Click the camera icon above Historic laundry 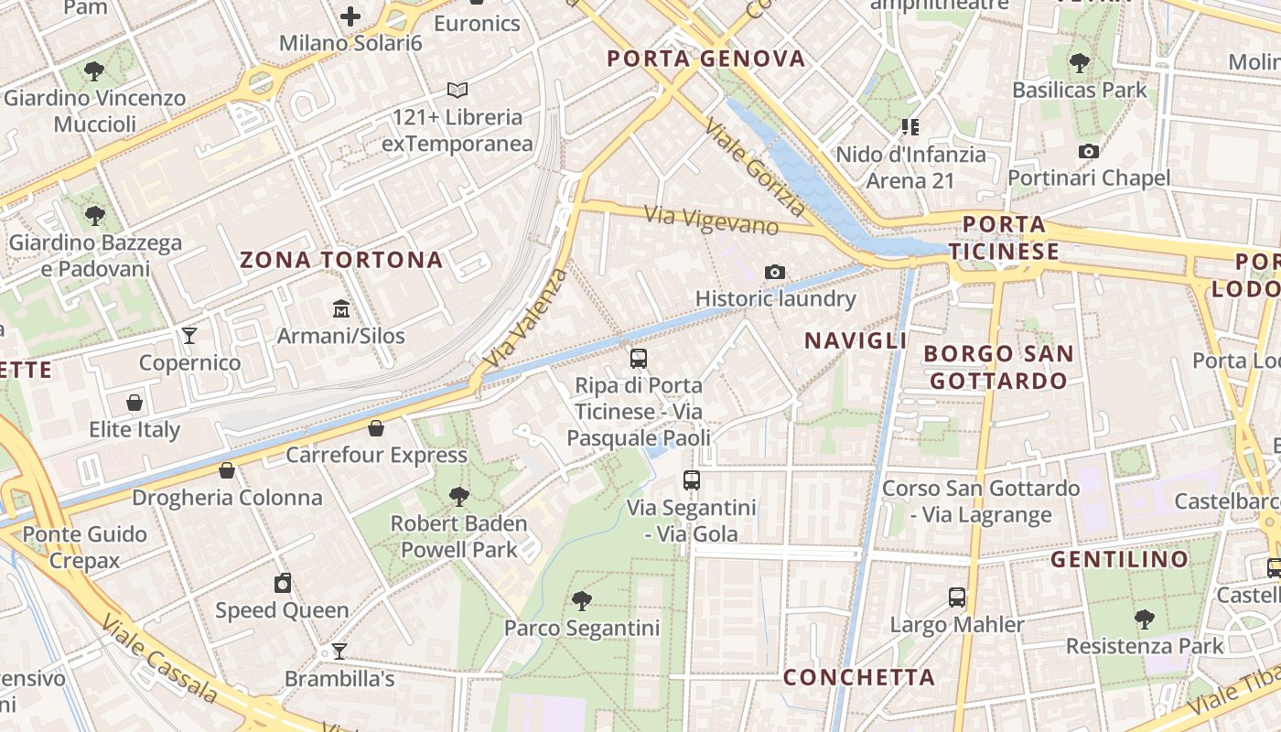pyautogui.click(x=775, y=272)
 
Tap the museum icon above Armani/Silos pyautogui.click(x=341, y=308)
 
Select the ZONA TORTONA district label pyautogui.click(x=341, y=260)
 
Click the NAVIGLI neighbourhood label pyautogui.click(x=856, y=341)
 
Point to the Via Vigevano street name pyautogui.click(x=711, y=220)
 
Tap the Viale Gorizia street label pyautogui.click(x=756, y=170)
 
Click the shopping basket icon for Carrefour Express pyautogui.click(x=376, y=428)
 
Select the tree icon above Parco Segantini pyautogui.click(x=581, y=601)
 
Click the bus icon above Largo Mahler pyautogui.click(x=957, y=597)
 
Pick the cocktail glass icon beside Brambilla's pyautogui.click(x=339, y=651)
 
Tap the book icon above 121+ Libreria pyautogui.click(x=457, y=90)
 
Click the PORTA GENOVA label pyautogui.click(x=706, y=59)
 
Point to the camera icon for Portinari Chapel pyautogui.click(x=1089, y=151)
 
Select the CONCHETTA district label pyautogui.click(x=859, y=677)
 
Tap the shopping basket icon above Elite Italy pyautogui.click(x=135, y=403)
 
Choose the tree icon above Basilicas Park pyautogui.click(x=1080, y=63)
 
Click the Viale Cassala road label pyautogui.click(x=159, y=657)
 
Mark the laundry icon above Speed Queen pyautogui.click(x=283, y=583)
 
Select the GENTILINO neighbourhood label pyautogui.click(x=1119, y=559)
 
